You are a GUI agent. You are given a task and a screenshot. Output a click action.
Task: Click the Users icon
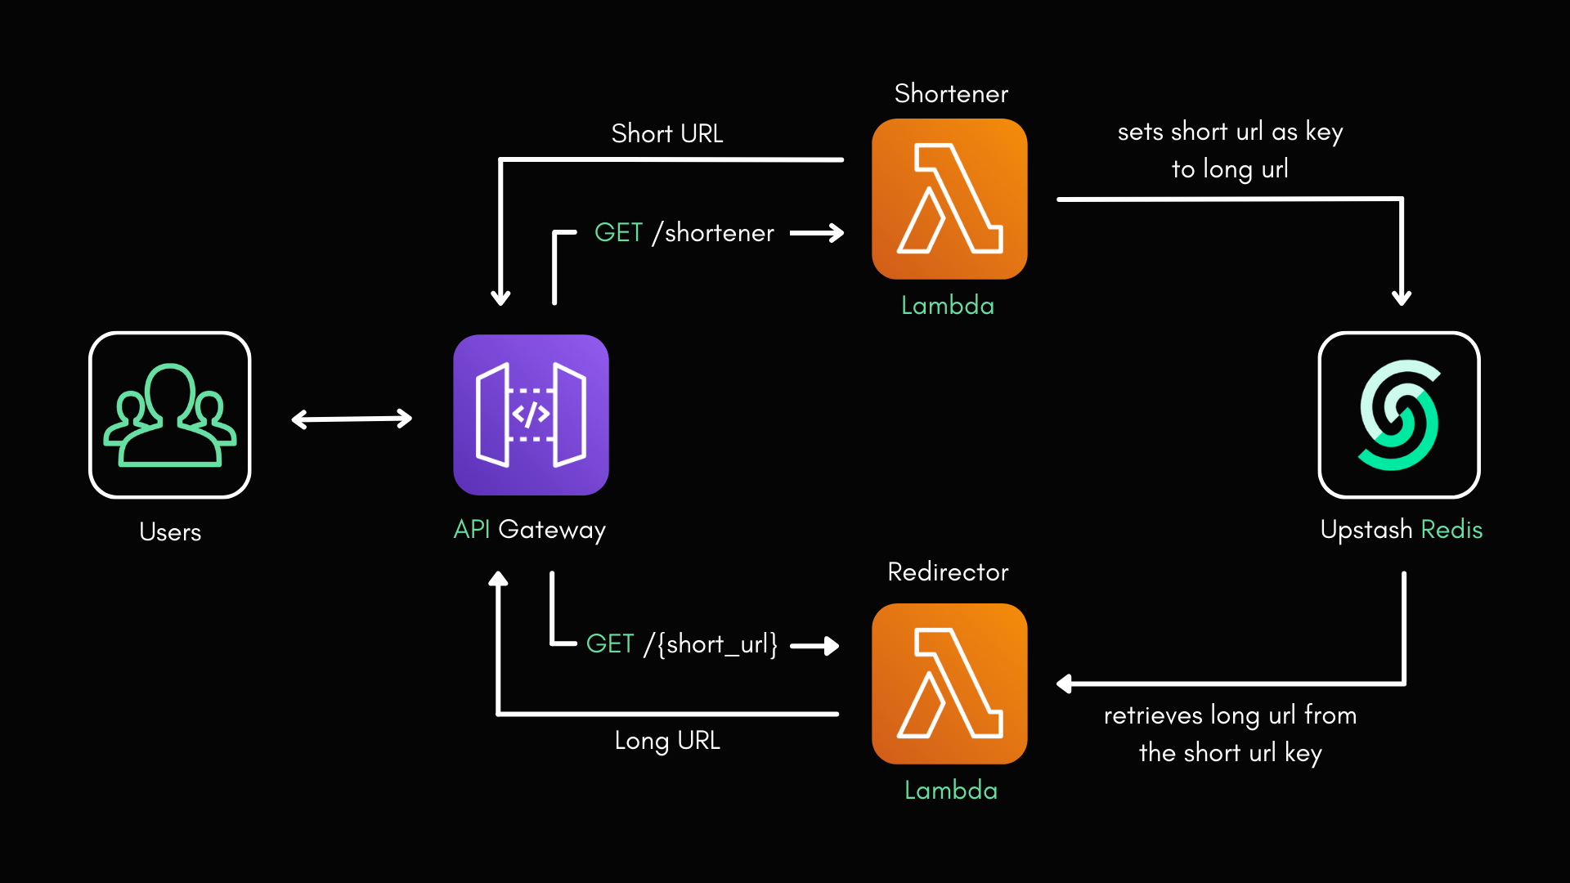(170, 415)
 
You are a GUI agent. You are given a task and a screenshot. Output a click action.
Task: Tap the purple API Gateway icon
(531, 415)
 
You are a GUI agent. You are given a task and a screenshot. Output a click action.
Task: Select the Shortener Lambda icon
(949, 199)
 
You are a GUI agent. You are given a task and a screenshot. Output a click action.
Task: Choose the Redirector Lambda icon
(949, 684)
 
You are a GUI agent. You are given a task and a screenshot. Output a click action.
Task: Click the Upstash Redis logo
(1399, 415)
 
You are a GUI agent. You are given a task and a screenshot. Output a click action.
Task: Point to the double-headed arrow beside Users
(352, 419)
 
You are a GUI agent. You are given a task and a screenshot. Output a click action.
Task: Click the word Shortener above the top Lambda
(951, 94)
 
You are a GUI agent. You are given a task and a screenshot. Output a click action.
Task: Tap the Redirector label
(948, 572)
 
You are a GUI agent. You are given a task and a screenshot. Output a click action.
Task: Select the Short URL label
(667, 134)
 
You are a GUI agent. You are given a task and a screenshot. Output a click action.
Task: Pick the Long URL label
(667, 741)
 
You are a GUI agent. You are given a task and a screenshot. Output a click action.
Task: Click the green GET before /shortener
(618, 233)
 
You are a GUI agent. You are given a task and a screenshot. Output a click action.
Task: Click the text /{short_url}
(711, 644)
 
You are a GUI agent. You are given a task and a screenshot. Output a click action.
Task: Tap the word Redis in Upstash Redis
(1451, 530)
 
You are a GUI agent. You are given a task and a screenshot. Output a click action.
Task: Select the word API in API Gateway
(472, 530)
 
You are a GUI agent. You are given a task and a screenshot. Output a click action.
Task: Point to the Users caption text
(170, 532)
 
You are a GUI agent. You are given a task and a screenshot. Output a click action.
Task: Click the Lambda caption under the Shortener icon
(948, 306)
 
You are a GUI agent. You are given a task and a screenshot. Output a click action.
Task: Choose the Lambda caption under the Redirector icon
(951, 791)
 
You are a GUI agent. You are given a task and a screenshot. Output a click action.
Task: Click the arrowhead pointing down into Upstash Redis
(1402, 298)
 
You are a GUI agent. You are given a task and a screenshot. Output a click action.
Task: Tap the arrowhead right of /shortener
(836, 233)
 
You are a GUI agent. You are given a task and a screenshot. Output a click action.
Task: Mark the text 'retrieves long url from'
(1230, 715)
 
